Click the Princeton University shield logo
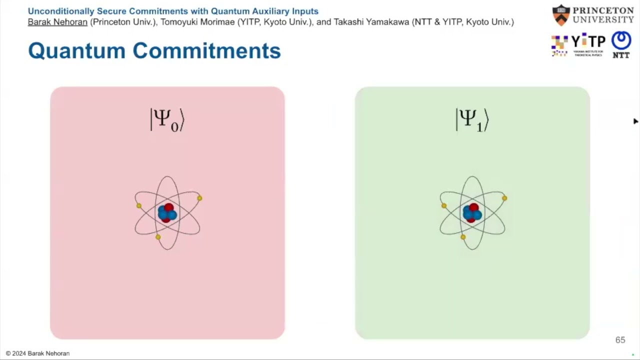tap(561, 15)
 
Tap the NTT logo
tap(621, 45)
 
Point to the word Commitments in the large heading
tap(206, 50)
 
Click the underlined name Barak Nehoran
tap(57, 22)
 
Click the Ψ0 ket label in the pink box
tap(167, 120)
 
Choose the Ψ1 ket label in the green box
tap(472, 120)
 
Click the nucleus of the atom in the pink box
tap(167, 212)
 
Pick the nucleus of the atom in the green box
tap(472, 212)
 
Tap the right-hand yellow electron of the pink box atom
tap(199, 198)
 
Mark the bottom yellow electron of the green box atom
tap(463, 237)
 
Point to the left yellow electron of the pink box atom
tap(139, 206)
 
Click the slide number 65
tap(620, 340)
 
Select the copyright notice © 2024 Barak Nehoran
tap(37, 353)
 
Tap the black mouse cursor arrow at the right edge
tap(635, 121)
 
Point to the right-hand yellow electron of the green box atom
tap(504, 198)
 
